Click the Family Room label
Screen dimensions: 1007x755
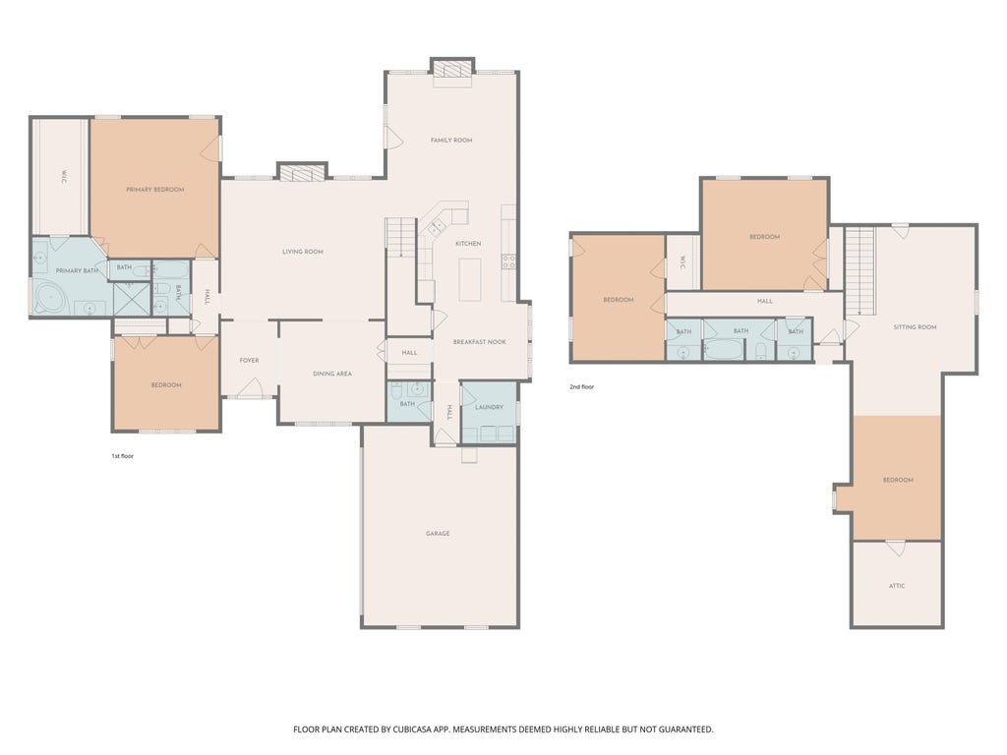(451, 140)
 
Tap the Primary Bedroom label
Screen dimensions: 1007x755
(154, 190)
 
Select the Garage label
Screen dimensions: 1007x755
(438, 534)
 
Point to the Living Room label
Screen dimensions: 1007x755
(303, 252)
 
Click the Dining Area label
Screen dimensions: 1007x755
(332, 374)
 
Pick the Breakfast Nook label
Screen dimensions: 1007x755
(479, 342)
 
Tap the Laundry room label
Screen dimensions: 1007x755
(489, 407)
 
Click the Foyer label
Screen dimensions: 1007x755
(249, 360)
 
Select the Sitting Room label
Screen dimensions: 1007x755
(915, 326)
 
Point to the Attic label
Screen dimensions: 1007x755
(897, 586)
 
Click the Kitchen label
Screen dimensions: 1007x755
(468, 244)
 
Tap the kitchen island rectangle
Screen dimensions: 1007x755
(470, 279)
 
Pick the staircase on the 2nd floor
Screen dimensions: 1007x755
(859, 271)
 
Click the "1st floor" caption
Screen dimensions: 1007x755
(123, 456)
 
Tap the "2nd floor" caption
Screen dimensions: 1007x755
(582, 387)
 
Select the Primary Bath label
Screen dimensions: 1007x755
(77, 271)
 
